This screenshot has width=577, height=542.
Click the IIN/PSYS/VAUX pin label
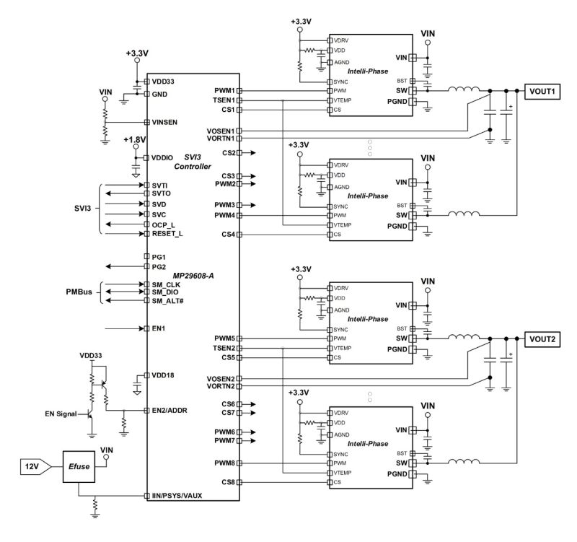pyautogui.click(x=182, y=497)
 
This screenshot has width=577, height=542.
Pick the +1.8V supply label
pyautogui.click(x=135, y=139)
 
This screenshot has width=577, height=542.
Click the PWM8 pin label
pyautogui.click(x=224, y=463)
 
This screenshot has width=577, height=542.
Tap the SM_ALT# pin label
pyautogui.click(x=167, y=300)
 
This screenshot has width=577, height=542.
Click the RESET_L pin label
pyautogui.click(x=167, y=234)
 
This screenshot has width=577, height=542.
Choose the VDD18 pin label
pyautogui.click(x=163, y=375)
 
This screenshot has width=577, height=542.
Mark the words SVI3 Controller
pyautogui.click(x=197, y=162)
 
